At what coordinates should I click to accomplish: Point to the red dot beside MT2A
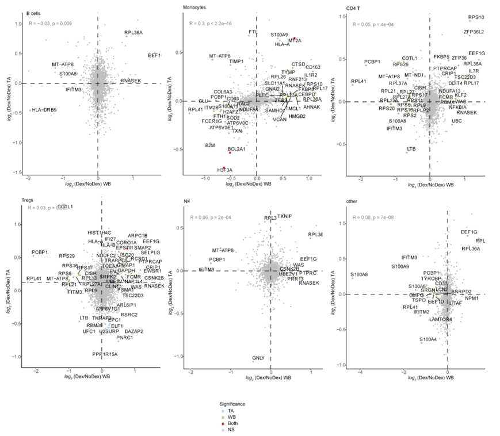pyautogui.click(x=294, y=38)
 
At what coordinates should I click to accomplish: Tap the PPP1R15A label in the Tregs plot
pyautogui.click(x=104, y=354)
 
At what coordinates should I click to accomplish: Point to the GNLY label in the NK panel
pyautogui.click(x=258, y=358)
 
